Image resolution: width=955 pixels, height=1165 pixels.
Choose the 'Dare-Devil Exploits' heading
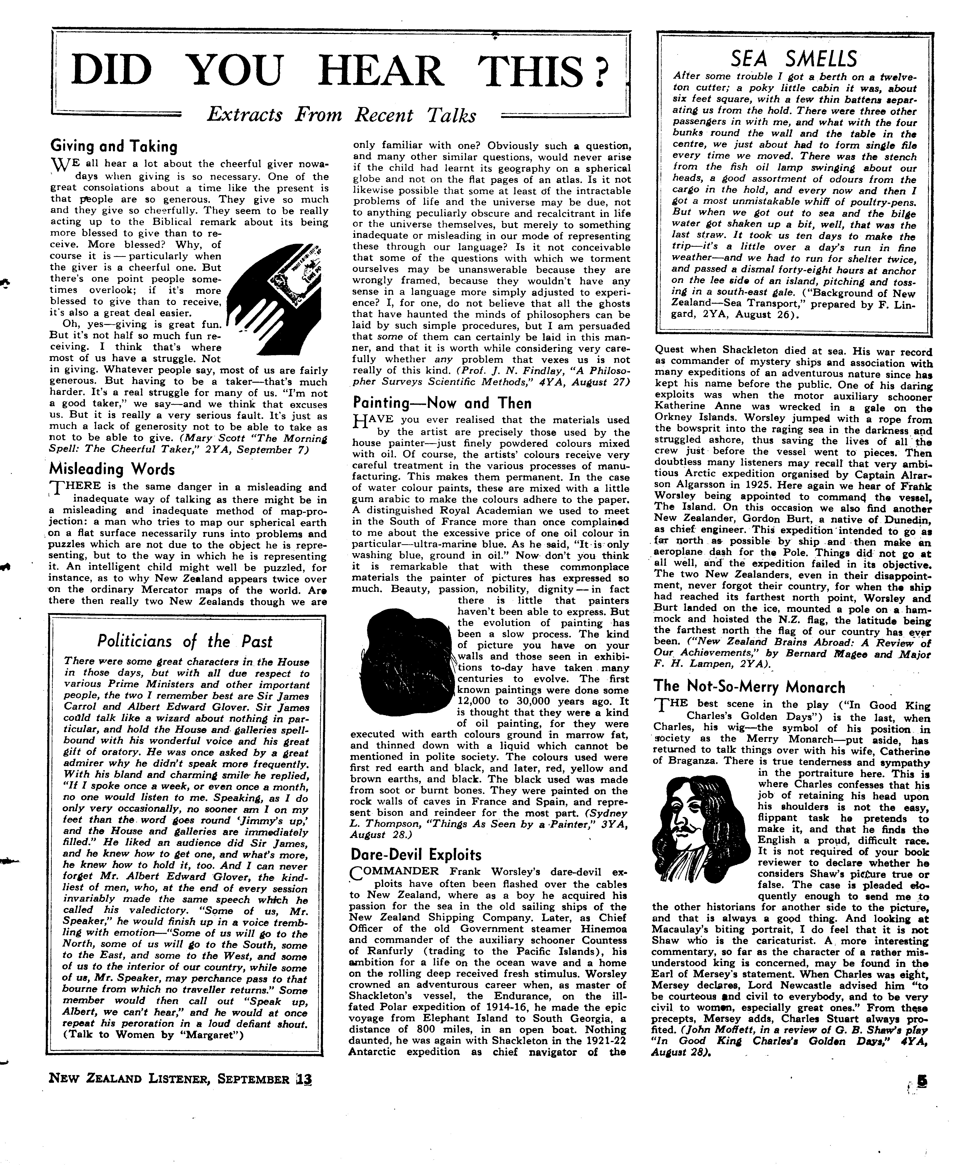pos(416,855)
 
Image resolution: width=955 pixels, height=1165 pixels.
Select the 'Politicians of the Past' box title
pos(185,641)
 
